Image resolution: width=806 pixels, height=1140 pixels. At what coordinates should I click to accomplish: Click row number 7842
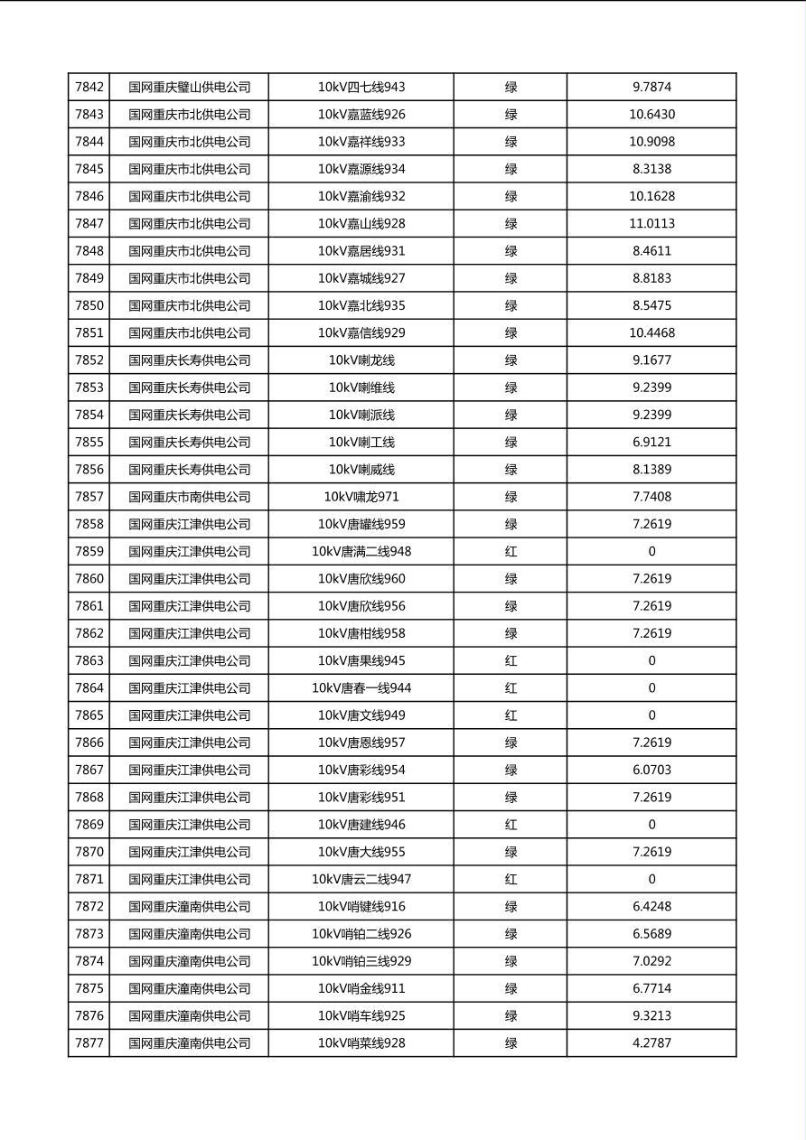click(89, 88)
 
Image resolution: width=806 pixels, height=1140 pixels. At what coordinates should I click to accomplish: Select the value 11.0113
click(651, 224)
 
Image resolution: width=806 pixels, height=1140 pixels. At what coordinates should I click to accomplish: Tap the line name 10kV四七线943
click(361, 88)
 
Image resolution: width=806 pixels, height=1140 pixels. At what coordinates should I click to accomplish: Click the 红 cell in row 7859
click(511, 552)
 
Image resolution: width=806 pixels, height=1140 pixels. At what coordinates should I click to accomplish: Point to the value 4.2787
click(651, 1043)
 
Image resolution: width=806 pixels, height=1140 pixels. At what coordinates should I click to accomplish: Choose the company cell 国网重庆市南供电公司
click(189, 497)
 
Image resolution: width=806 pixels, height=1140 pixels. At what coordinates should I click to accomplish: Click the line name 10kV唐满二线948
click(361, 552)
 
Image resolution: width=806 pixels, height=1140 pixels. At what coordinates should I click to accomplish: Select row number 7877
click(89, 1043)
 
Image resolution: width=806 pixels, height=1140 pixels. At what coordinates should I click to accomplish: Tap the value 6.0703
click(651, 771)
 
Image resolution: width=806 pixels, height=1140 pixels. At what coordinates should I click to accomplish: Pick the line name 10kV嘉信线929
click(361, 333)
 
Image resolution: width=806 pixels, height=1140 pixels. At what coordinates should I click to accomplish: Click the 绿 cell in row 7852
click(511, 360)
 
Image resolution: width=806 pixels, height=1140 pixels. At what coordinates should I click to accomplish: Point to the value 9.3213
click(651, 1016)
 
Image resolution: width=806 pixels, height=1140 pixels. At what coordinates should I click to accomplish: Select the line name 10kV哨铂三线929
click(361, 961)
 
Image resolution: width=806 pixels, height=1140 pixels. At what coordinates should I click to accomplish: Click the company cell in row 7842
click(189, 88)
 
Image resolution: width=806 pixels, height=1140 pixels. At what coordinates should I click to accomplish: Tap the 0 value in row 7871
click(651, 879)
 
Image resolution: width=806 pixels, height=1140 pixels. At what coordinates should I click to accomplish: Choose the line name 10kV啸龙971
click(361, 497)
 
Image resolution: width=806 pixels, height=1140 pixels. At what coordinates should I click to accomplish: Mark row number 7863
click(89, 661)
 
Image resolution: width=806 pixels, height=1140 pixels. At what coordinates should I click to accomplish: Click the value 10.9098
click(651, 142)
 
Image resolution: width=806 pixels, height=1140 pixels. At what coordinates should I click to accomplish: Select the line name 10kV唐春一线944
click(361, 688)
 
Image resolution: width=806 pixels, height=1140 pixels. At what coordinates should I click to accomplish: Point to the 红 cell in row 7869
click(511, 825)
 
